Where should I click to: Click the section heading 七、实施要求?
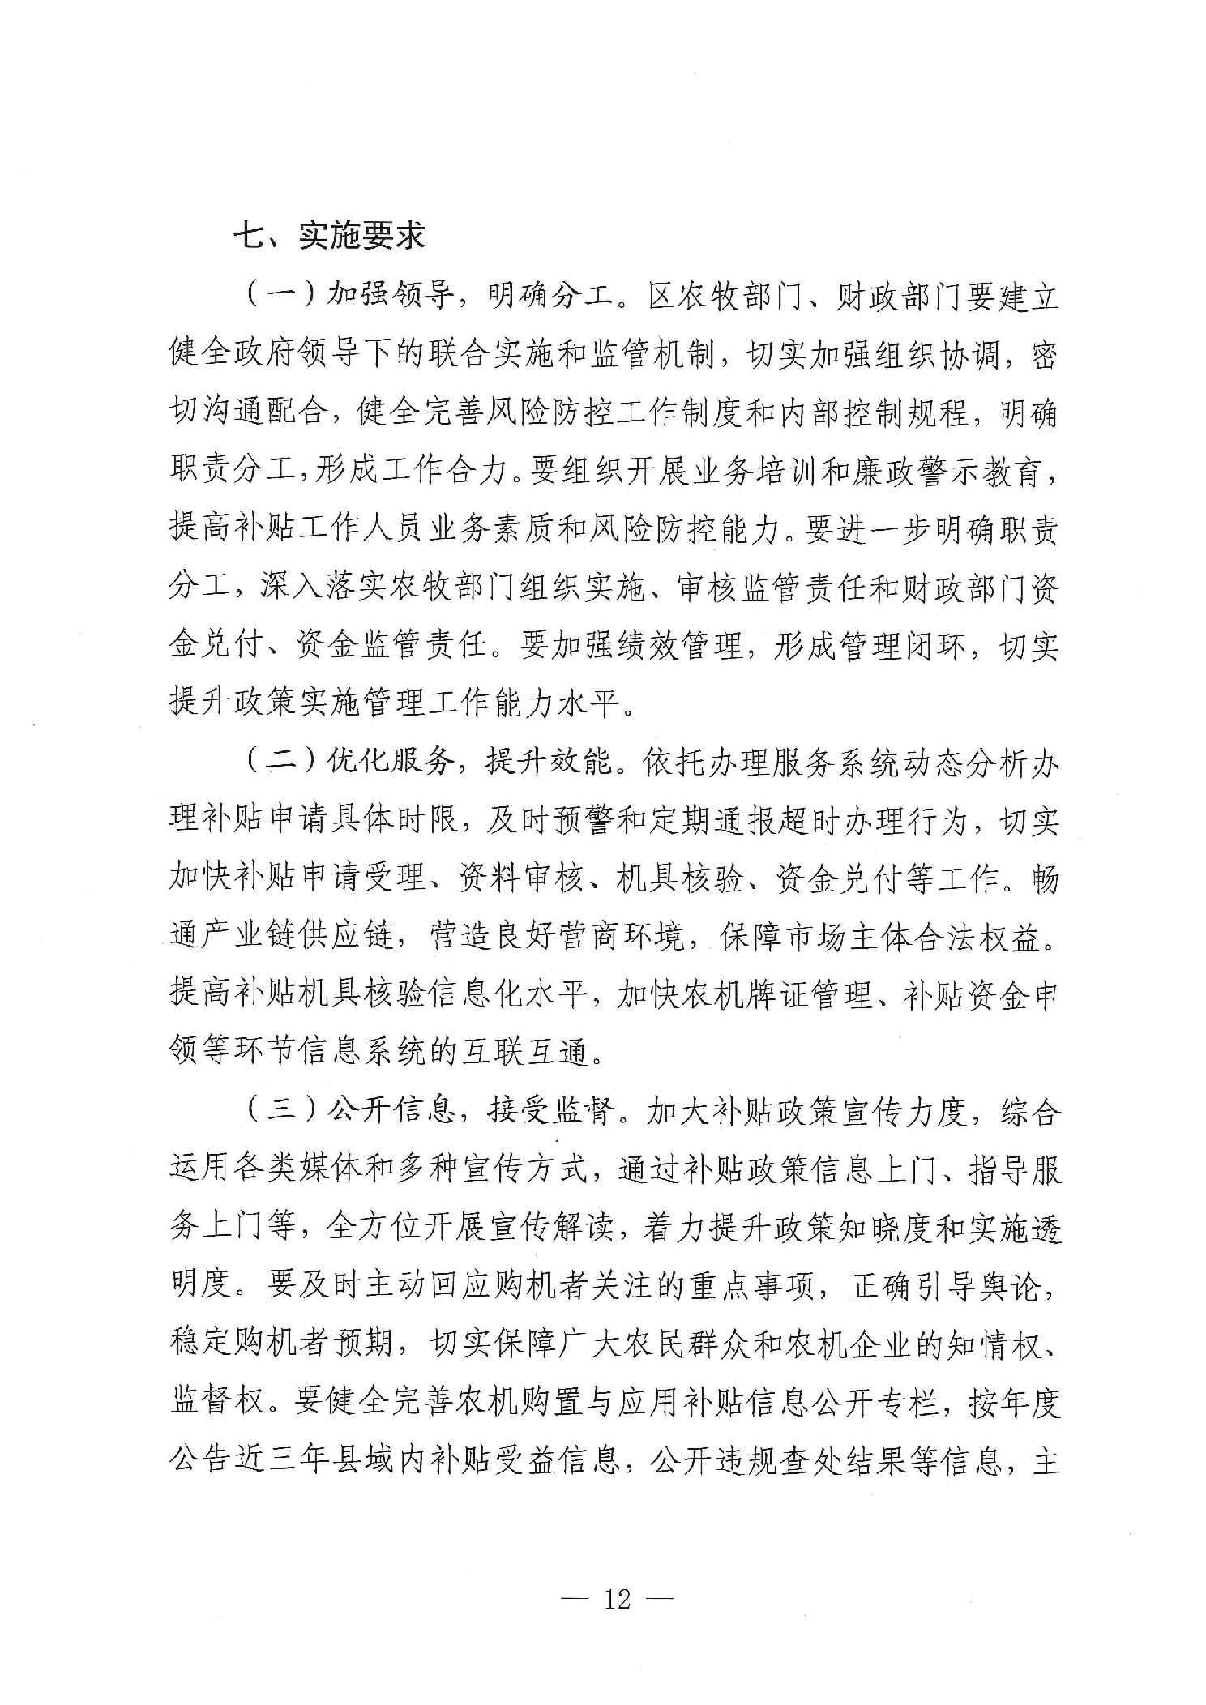coord(328,236)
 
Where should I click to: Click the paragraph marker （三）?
coord(280,1113)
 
